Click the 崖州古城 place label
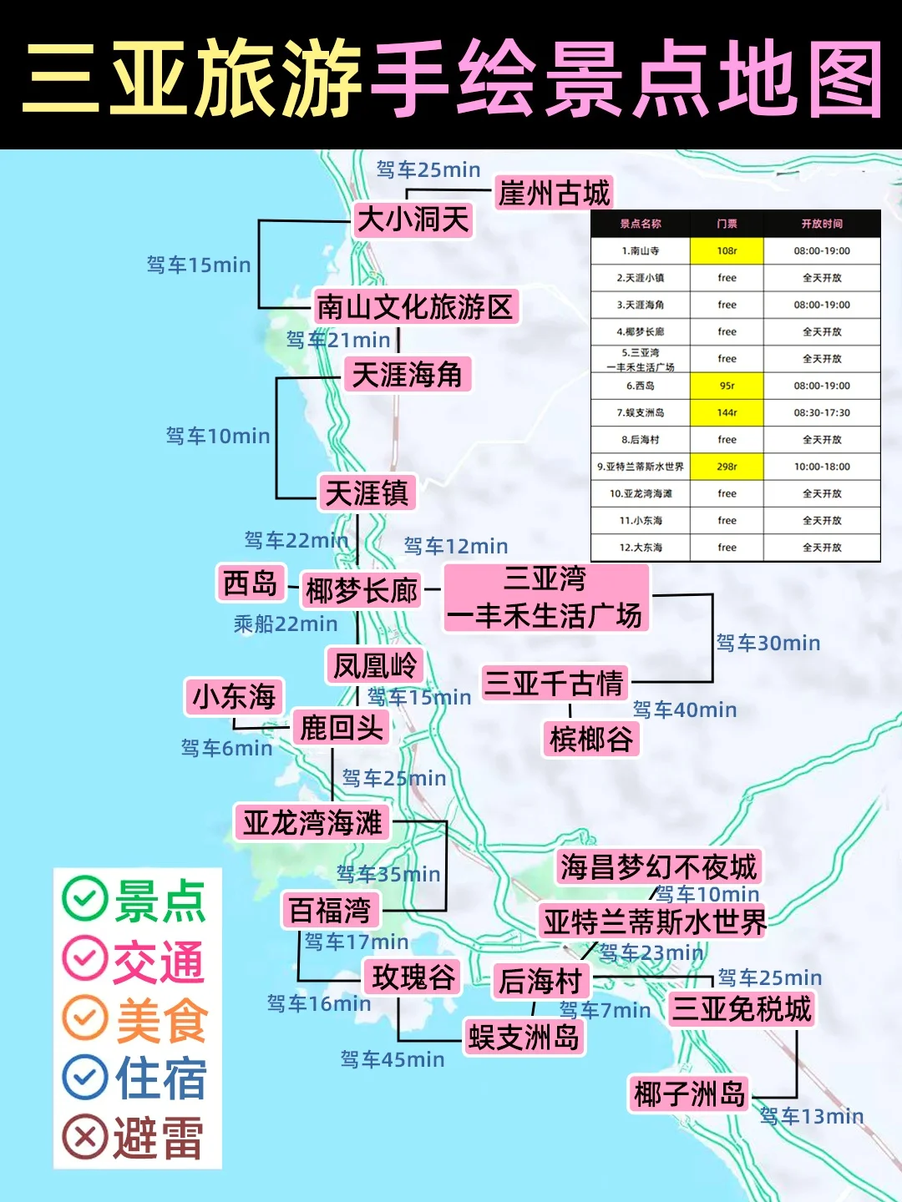click(x=554, y=193)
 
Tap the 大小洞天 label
click(x=413, y=220)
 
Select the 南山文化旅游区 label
click(x=415, y=306)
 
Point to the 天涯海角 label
click(x=407, y=374)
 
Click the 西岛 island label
click(x=250, y=583)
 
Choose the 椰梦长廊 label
click(x=362, y=590)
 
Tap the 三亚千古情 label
click(x=554, y=683)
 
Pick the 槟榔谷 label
click(x=591, y=739)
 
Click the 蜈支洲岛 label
click(x=524, y=1037)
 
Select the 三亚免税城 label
click(x=742, y=1008)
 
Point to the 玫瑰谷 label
click(x=413, y=977)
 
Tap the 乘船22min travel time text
click(x=286, y=624)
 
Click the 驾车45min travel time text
click(x=393, y=1059)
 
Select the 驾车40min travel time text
click(x=685, y=710)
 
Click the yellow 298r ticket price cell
click(x=727, y=467)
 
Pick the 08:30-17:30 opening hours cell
click(x=822, y=412)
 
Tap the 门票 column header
click(x=727, y=224)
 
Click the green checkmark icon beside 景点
click(x=84, y=899)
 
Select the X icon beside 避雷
click(x=84, y=1137)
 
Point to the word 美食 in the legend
click(x=161, y=1020)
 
